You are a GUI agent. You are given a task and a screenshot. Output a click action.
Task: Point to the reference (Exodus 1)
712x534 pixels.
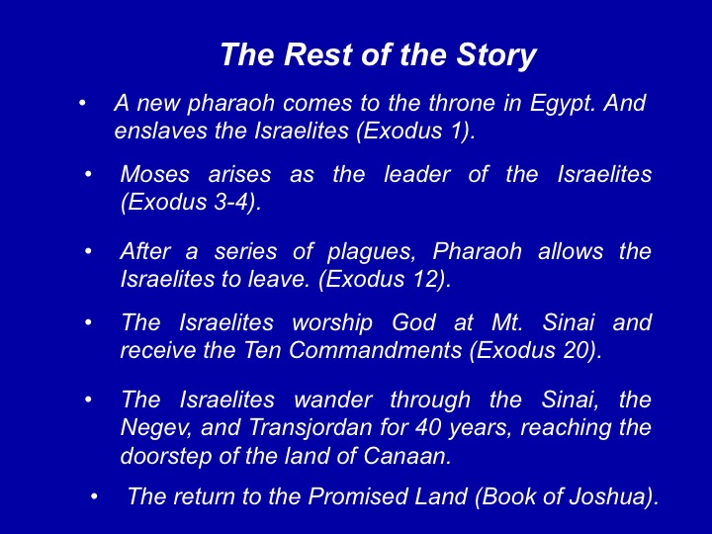point(415,132)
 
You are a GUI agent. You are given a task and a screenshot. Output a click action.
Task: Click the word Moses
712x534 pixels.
point(154,174)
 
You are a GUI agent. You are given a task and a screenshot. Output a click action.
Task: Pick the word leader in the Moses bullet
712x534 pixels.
point(417,174)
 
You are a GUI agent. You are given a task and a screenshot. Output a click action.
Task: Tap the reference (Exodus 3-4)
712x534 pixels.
point(191,202)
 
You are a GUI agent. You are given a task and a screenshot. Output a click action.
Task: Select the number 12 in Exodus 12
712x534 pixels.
point(426,279)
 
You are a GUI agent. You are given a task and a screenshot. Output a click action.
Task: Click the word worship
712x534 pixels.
point(332,322)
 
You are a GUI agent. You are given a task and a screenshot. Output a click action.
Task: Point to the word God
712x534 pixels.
point(413,322)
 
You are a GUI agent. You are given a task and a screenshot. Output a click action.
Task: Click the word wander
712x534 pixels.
point(333,400)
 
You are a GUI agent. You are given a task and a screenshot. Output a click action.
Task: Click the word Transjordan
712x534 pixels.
point(311,428)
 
